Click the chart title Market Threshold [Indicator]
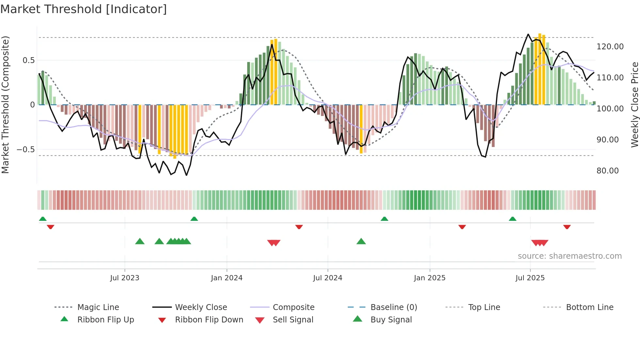pyautogui.click(x=84, y=9)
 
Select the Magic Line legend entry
pyautogui.click(x=98, y=307)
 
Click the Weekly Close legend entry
pyautogui.click(x=201, y=307)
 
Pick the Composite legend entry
pyautogui.click(x=294, y=307)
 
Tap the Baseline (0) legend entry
pyautogui.click(x=394, y=307)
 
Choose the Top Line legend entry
pyautogui.click(x=484, y=307)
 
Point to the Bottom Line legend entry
pyautogui.click(x=589, y=307)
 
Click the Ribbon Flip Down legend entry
pyautogui.click(x=209, y=320)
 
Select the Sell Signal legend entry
pyautogui.click(x=293, y=320)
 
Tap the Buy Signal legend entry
pyautogui.click(x=391, y=320)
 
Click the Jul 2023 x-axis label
pyautogui.click(x=124, y=278)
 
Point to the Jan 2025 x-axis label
pyautogui.click(x=429, y=278)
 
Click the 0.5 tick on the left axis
pyautogui.click(x=28, y=60)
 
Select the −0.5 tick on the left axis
pyautogui.click(x=25, y=150)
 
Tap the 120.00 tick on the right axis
pyautogui.click(x=610, y=47)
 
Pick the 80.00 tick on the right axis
pyautogui.click(x=607, y=171)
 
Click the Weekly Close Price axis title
pyautogui.click(x=634, y=105)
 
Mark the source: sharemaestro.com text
pyautogui.click(x=569, y=256)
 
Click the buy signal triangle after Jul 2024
pyautogui.click(x=361, y=241)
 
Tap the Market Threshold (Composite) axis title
pyautogui.click(x=5, y=105)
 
